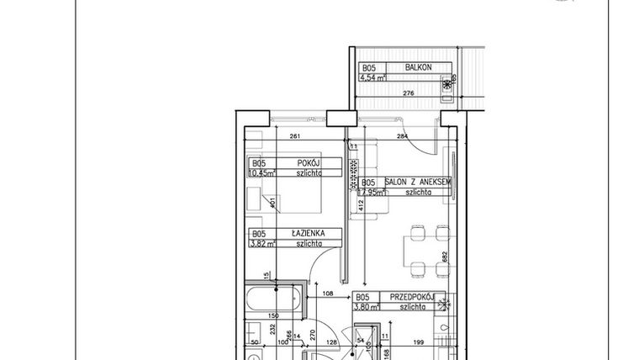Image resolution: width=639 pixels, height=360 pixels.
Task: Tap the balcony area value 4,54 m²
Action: (x=372, y=78)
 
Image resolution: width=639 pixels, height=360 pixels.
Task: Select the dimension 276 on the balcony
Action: (x=408, y=93)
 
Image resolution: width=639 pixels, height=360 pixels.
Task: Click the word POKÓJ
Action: (x=305, y=164)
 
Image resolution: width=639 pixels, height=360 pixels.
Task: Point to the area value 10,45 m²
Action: (x=263, y=174)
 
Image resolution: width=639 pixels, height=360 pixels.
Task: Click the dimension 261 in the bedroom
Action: (x=294, y=137)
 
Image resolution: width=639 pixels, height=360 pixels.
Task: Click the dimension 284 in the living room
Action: (x=403, y=137)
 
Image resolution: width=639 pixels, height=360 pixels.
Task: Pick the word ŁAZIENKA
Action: (x=303, y=235)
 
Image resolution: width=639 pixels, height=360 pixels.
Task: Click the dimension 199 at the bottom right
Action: (x=418, y=341)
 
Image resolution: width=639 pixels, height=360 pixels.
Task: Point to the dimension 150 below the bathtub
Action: (x=273, y=315)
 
